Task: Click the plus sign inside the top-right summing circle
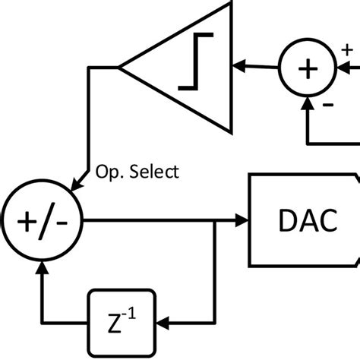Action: [x=307, y=68]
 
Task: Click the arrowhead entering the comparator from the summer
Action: [x=239, y=67]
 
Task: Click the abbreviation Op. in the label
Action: [x=107, y=172]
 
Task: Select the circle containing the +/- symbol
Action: [x=41, y=221]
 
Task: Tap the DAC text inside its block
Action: [x=303, y=221]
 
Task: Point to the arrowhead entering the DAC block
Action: [x=242, y=221]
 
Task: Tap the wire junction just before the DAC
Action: [x=216, y=221]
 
